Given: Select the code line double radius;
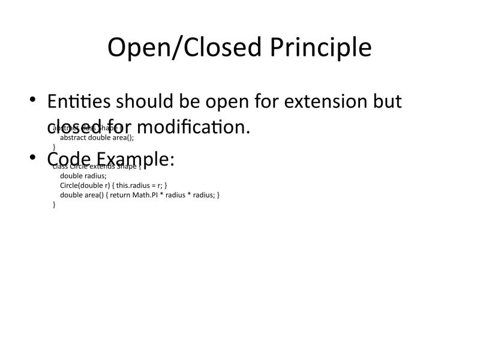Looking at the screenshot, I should (83, 176).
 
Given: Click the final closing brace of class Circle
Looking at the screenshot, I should (55, 205).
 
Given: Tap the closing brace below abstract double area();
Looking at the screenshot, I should (55, 146).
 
